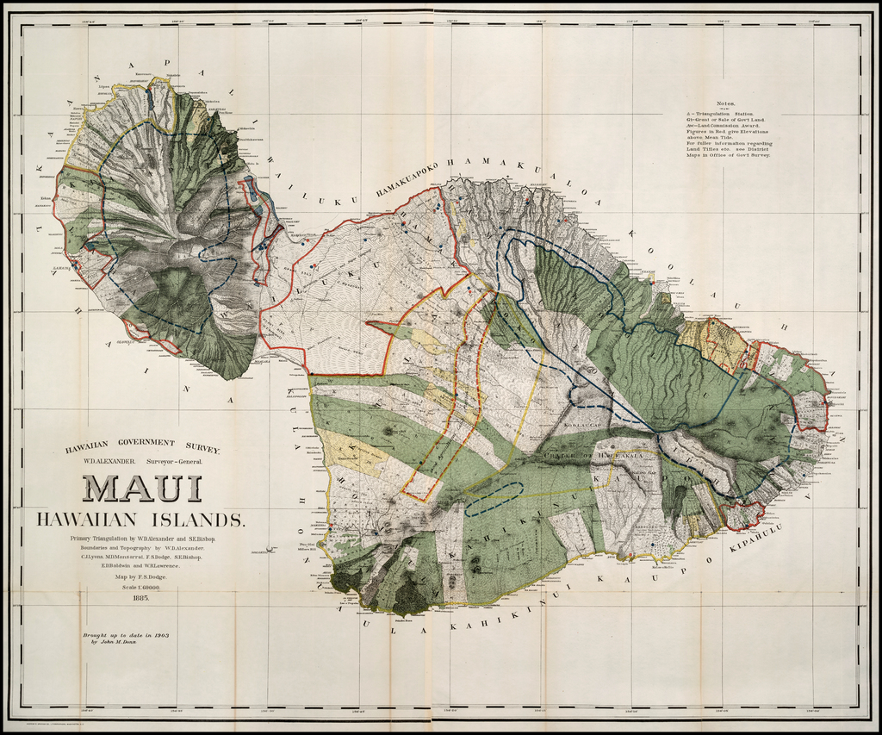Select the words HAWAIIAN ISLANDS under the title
[140, 520]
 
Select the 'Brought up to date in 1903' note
[125, 634]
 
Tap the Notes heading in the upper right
[725, 103]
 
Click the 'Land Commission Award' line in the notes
[722, 125]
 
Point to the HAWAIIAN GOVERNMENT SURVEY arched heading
[142, 445]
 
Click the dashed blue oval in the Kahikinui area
[494, 499]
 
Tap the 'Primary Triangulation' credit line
[143, 539]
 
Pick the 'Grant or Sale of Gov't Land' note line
[723, 119]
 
